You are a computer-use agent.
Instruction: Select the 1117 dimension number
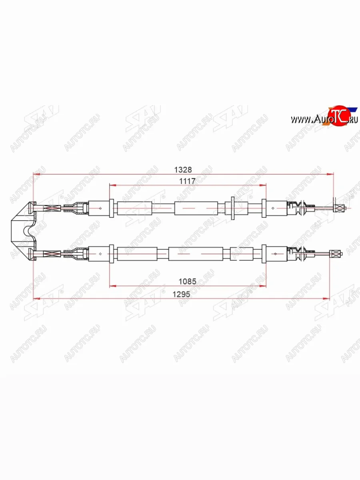click(187, 181)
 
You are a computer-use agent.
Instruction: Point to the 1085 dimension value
click(188, 281)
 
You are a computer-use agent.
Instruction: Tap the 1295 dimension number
click(182, 293)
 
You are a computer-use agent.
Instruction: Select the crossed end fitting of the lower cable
click(336, 254)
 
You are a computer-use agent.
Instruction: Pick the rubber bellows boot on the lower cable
click(298, 254)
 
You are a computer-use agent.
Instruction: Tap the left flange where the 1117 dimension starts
click(111, 208)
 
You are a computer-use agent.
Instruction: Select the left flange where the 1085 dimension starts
click(111, 254)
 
